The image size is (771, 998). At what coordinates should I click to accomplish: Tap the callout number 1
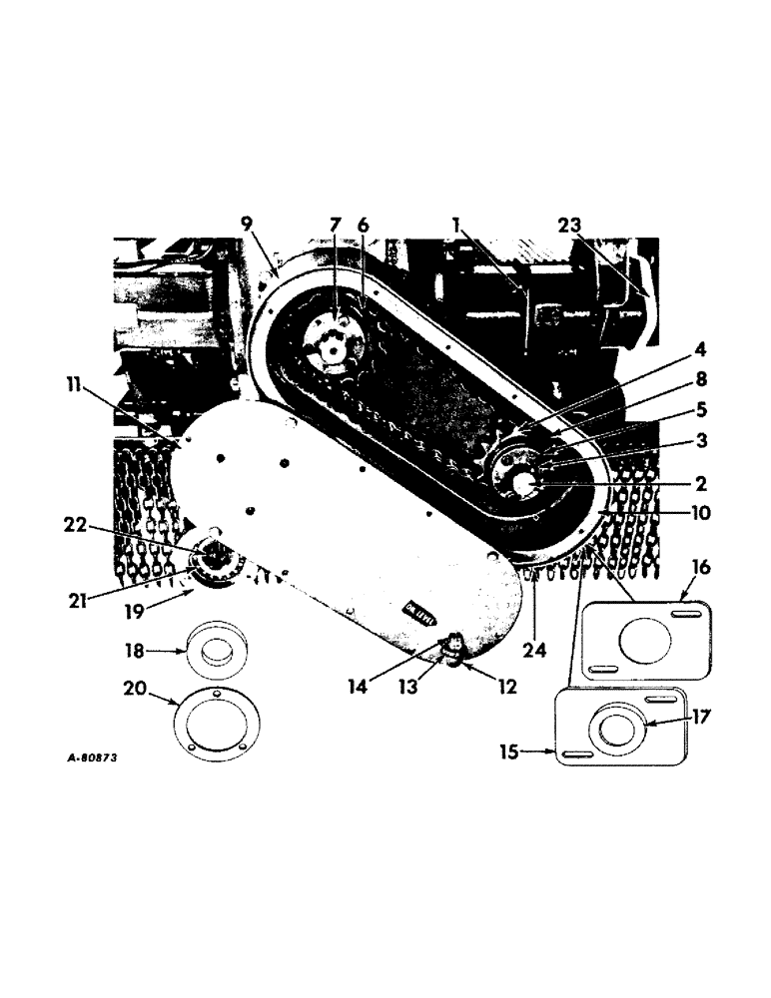tap(457, 227)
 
